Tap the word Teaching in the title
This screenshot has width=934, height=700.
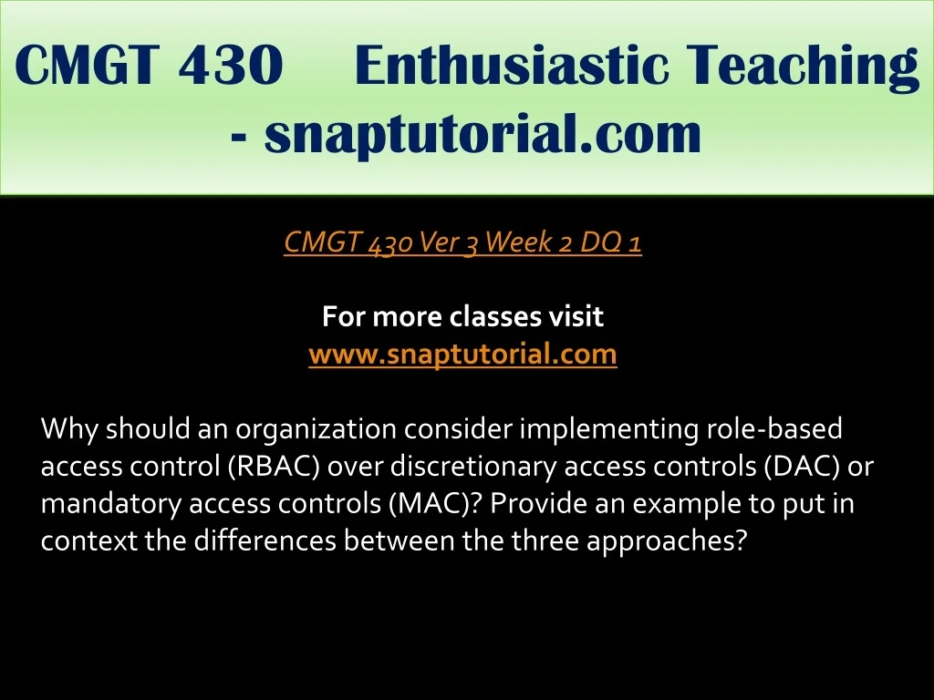tap(803, 67)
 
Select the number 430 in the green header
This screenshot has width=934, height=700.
tap(230, 65)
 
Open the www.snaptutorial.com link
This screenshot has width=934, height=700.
tap(462, 355)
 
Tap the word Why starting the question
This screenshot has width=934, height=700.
tap(69, 429)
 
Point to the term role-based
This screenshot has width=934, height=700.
tap(775, 428)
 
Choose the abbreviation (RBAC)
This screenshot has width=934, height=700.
tap(275, 467)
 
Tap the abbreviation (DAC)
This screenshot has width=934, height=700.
tap(802, 467)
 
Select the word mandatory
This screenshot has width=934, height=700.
tap(110, 504)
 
